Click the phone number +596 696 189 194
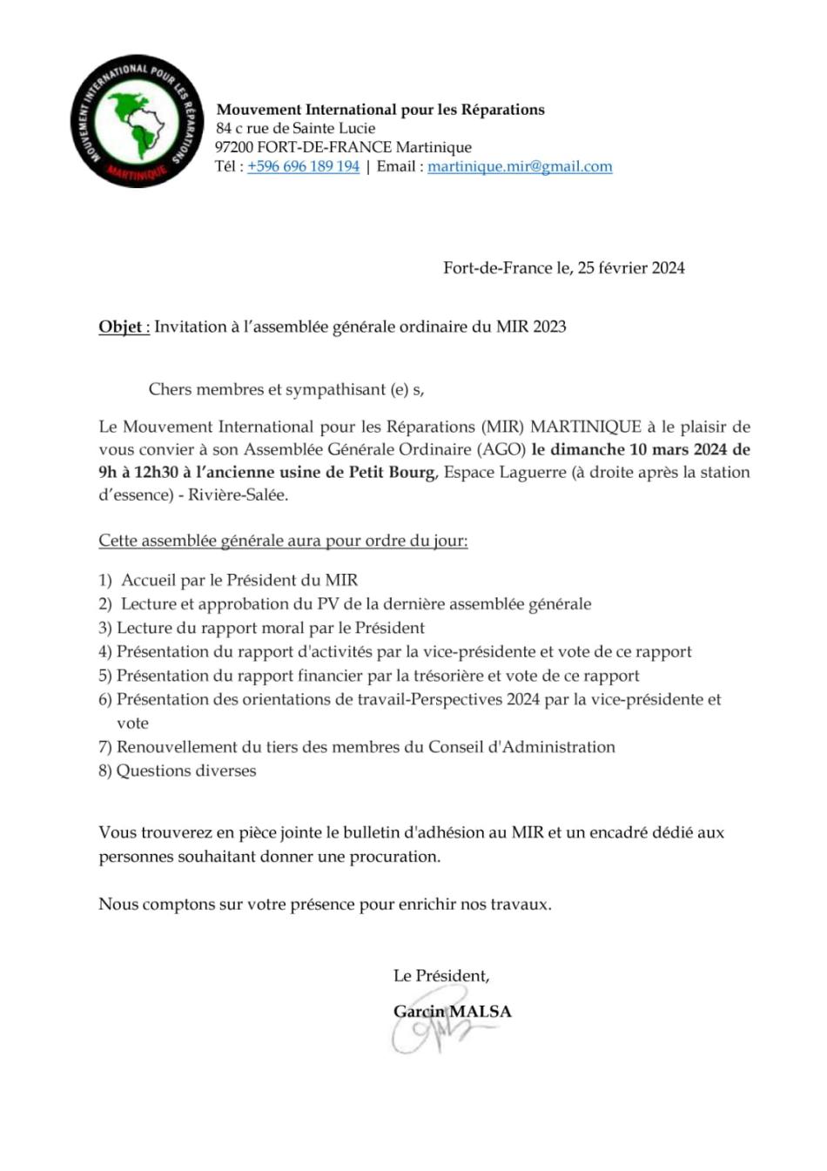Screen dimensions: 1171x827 [x=303, y=166]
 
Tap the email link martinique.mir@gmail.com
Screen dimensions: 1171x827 [x=520, y=166]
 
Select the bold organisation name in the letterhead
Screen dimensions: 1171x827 [x=380, y=110]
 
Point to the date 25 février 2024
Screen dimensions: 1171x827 [x=631, y=268]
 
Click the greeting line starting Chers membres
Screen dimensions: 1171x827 [x=286, y=389]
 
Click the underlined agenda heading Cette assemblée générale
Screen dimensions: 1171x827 [x=283, y=541]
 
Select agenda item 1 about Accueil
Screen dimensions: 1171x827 [x=228, y=580]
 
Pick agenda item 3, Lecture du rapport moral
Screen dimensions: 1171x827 [x=261, y=628]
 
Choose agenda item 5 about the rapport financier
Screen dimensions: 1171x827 [x=368, y=676]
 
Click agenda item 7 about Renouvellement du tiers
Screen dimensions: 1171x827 [x=356, y=747]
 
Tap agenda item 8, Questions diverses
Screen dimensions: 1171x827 [x=178, y=771]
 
